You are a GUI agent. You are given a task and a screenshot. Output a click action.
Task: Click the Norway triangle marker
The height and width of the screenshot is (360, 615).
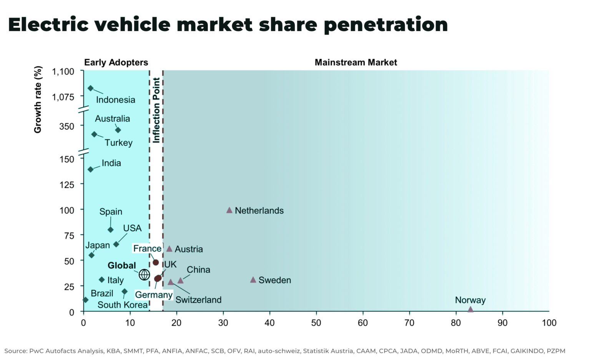pyautogui.click(x=470, y=309)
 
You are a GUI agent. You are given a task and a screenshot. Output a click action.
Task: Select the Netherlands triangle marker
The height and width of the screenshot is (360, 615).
pyautogui.click(x=229, y=210)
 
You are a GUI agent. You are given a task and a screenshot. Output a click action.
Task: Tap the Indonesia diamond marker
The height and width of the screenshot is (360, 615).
pyautogui.click(x=90, y=88)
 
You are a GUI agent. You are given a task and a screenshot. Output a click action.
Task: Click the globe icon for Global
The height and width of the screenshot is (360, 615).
pyautogui.click(x=144, y=275)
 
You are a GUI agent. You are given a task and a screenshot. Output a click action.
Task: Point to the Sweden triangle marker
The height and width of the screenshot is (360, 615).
pyautogui.click(x=253, y=280)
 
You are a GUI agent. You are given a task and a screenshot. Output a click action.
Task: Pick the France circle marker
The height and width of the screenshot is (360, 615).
pyautogui.click(x=156, y=263)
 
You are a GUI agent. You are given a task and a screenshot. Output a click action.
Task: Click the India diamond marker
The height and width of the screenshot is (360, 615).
pyautogui.click(x=90, y=170)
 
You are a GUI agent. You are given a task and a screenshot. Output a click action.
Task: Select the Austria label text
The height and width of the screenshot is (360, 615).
pyautogui.click(x=188, y=249)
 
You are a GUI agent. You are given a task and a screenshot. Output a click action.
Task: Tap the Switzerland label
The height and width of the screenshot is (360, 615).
pyautogui.click(x=198, y=300)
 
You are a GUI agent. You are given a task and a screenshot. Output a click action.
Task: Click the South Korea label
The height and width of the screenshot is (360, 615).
pyautogui.click(x=122, y=305)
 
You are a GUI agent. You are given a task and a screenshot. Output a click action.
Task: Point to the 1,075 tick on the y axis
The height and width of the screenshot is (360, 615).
pyautogui.click(x=63, y=97)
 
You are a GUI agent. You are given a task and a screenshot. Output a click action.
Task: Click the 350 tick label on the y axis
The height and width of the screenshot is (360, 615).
pyautogui.click(x=67, y=126)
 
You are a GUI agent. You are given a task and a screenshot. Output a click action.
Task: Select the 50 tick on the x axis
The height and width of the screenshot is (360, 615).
pyautogui.click(x=316, y=323)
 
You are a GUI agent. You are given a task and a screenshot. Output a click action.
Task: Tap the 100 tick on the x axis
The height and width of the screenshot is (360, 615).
pyautogui.click(x=549, y=323)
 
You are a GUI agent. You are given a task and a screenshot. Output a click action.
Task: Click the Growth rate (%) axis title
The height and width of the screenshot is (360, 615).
pyautogui.click(x=38, y=100)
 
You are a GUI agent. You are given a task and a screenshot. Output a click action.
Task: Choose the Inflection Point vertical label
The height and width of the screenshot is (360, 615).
pyautogui.click(x=156, y=110)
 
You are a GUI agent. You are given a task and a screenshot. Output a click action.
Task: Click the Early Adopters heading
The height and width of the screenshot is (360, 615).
pyautogui.click(x=116, y=62)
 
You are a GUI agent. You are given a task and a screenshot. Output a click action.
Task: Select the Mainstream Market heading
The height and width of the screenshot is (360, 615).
pyautogui.click(x=356, y=62)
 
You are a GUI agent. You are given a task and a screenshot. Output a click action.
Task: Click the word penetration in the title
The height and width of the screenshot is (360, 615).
pyautogui.click(x=386, y=25)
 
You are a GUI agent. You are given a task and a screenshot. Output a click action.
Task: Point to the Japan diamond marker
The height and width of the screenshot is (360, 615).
pyautogui.click(x=91, y=255)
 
